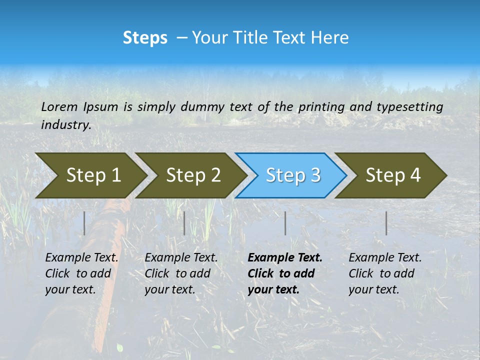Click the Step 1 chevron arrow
tap(93, 175)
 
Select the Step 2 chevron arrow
tap(193, 175)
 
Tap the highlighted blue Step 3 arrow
tap(293, 175)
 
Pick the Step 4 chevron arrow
tap(393, 175)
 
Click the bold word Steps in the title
tap(145, 38)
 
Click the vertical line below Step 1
tap(84, 223)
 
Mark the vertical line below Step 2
tap(184, 223)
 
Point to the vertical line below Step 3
tap(285, 223)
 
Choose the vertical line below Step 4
tap(386, 223)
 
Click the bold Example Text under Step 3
tap(285, 258)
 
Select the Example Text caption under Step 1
tap(81, 258)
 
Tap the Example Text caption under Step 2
tap(181, 258)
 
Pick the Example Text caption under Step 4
tap(385, 258)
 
